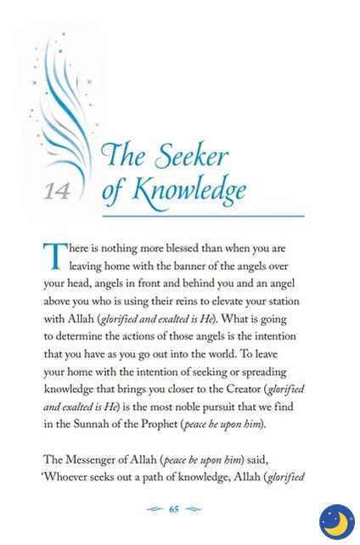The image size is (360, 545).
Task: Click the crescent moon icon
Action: coord(336,521)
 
